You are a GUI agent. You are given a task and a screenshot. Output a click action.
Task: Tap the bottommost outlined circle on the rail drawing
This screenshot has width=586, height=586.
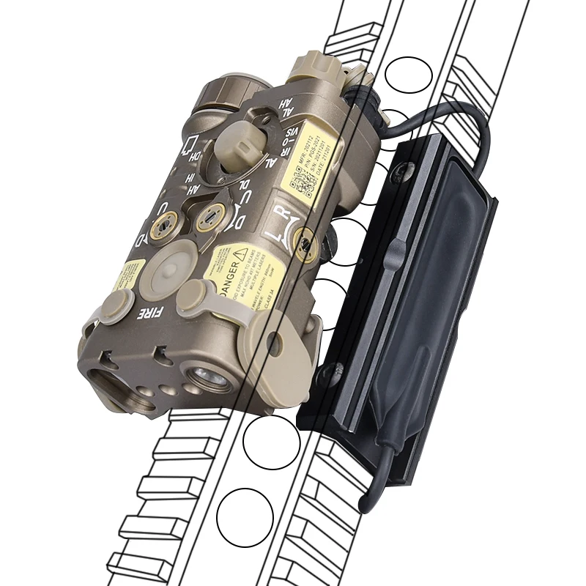(x=245, y=517)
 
